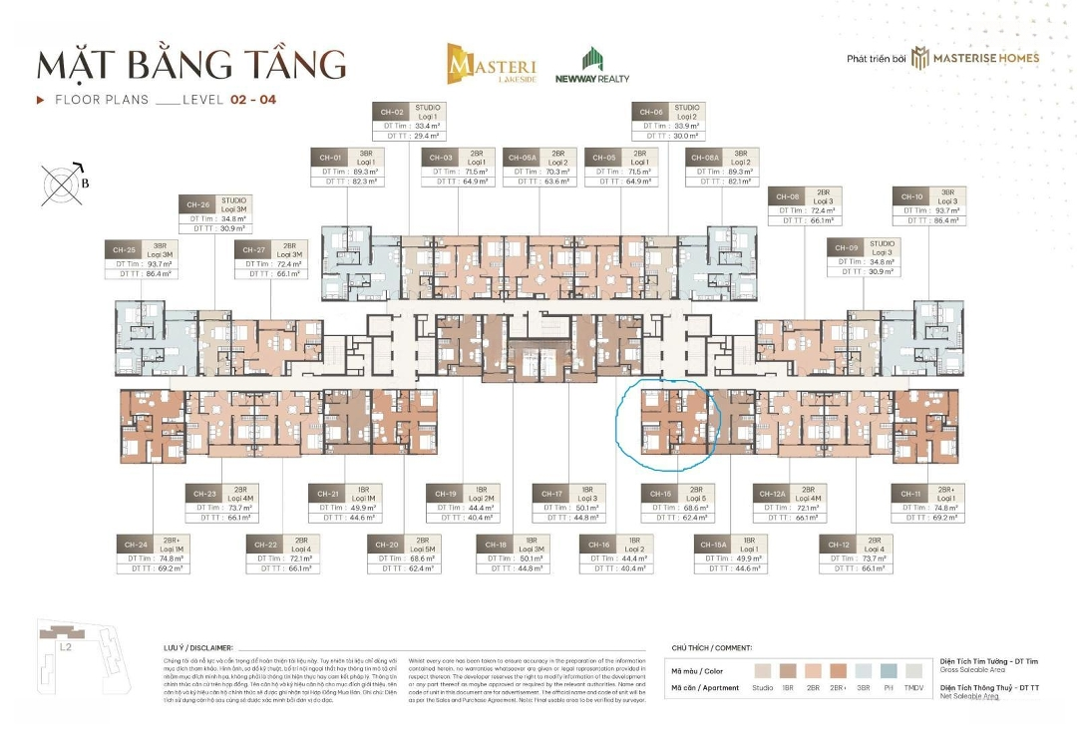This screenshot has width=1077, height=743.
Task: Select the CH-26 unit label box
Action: [x=215, y=215]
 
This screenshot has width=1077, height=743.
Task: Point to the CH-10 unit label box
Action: [x=929, y=209]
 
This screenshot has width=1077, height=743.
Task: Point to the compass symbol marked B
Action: [x=64, y=184]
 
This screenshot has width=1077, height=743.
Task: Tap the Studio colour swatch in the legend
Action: [x=763, y=670]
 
